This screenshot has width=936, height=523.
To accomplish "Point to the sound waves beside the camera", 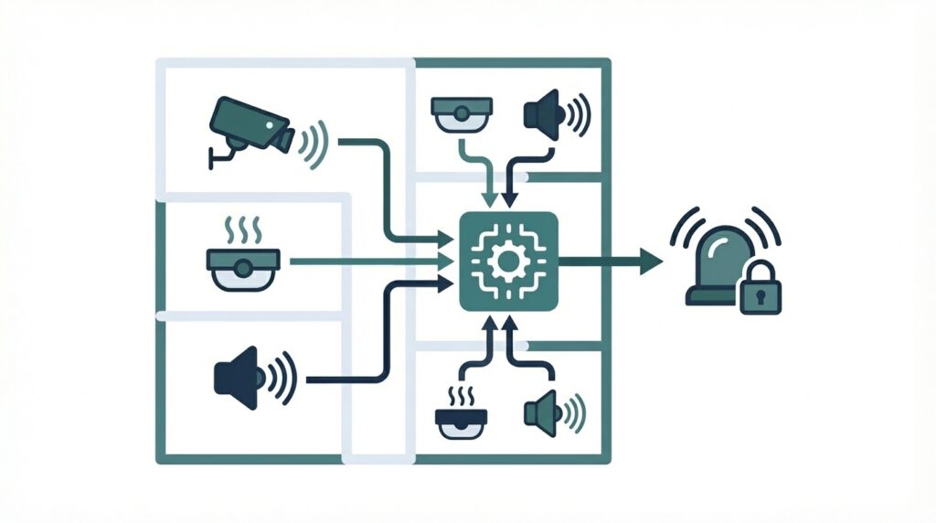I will [x=315, y=143].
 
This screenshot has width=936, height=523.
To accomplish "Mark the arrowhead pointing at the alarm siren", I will [x=650, y=261].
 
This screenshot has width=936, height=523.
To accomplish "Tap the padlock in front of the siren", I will [x=759, y=294].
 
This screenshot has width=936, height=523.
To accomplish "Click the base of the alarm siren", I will [x=708, y=294].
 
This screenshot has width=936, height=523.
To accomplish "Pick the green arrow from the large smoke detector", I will [x=366, y=262].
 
